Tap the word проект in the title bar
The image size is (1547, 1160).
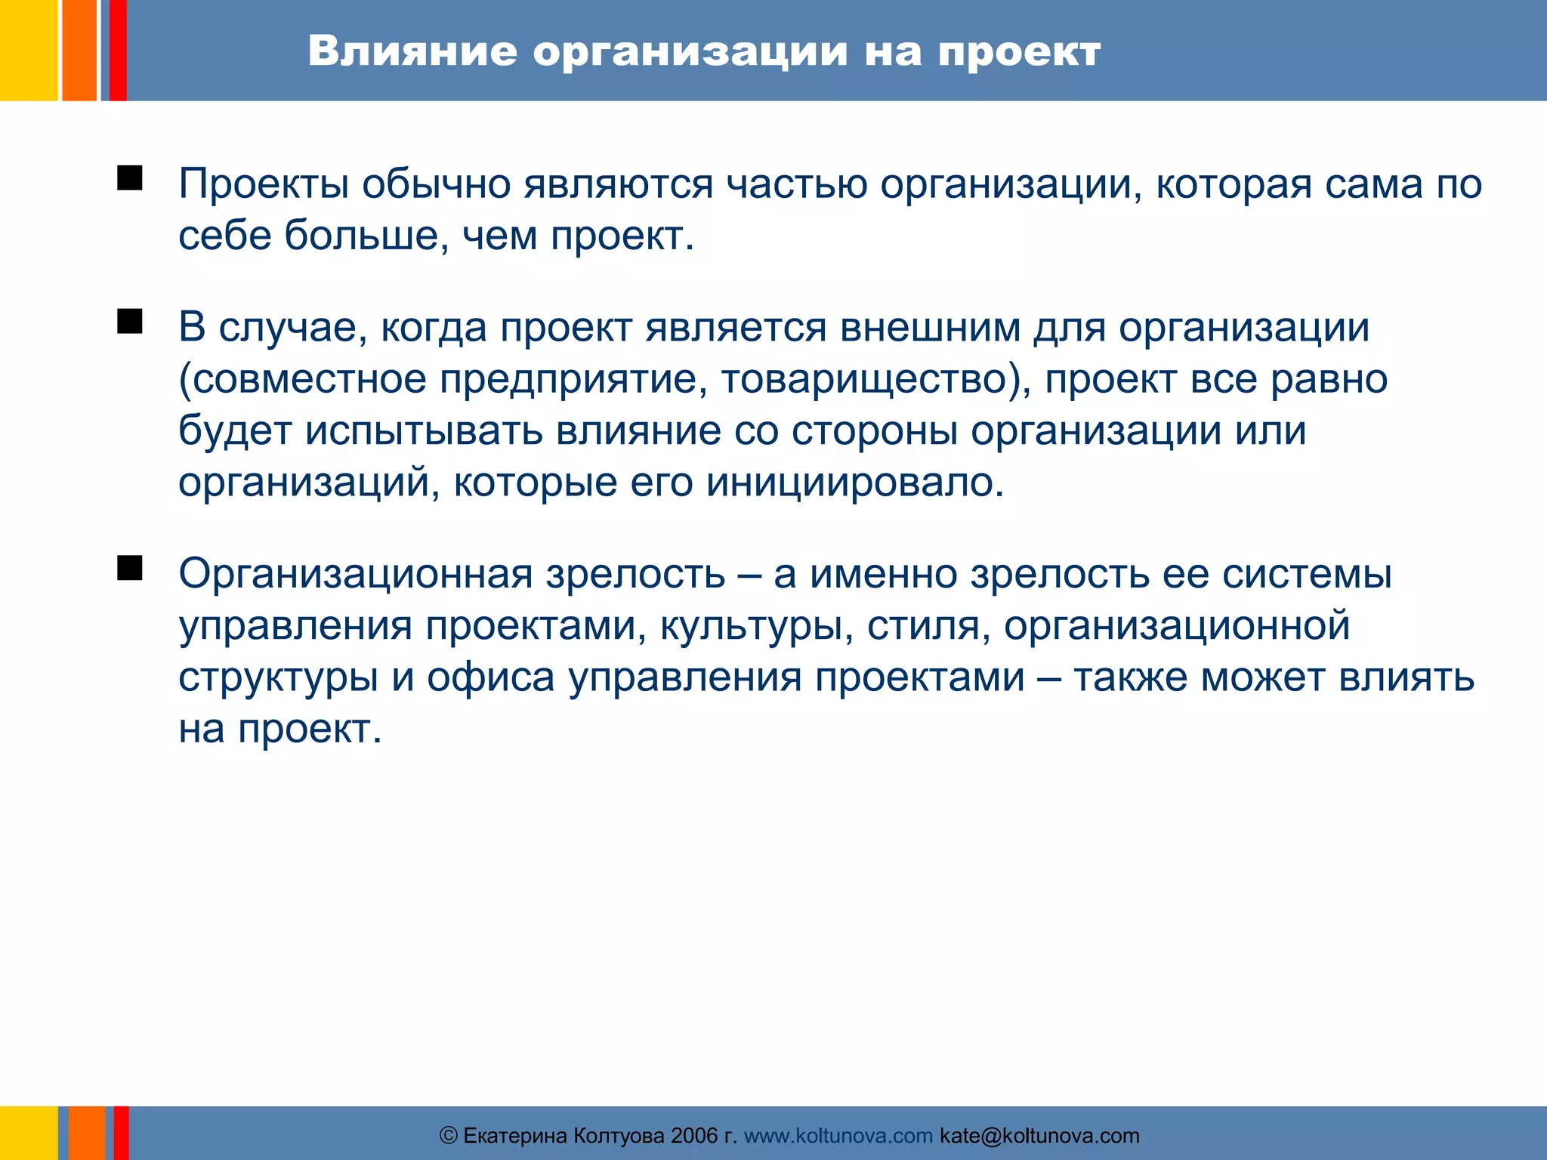pos(1019,53)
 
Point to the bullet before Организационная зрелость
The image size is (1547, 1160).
pos(130,568)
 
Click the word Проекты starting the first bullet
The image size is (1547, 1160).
pos(264,184)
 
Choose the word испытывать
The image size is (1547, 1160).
pos(424,431)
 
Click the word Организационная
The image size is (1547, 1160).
pos(356,574)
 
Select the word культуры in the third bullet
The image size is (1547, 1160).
pos(752,626)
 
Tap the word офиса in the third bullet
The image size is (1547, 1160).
pos(491,677)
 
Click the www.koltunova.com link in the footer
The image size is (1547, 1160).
pos(838,1136)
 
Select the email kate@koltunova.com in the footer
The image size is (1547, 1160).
pos(1039,1136)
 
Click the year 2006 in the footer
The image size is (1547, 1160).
pos(694,1136)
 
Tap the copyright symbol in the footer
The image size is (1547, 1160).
pos(449,1136)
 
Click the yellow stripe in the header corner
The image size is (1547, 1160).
pos(28,50)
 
